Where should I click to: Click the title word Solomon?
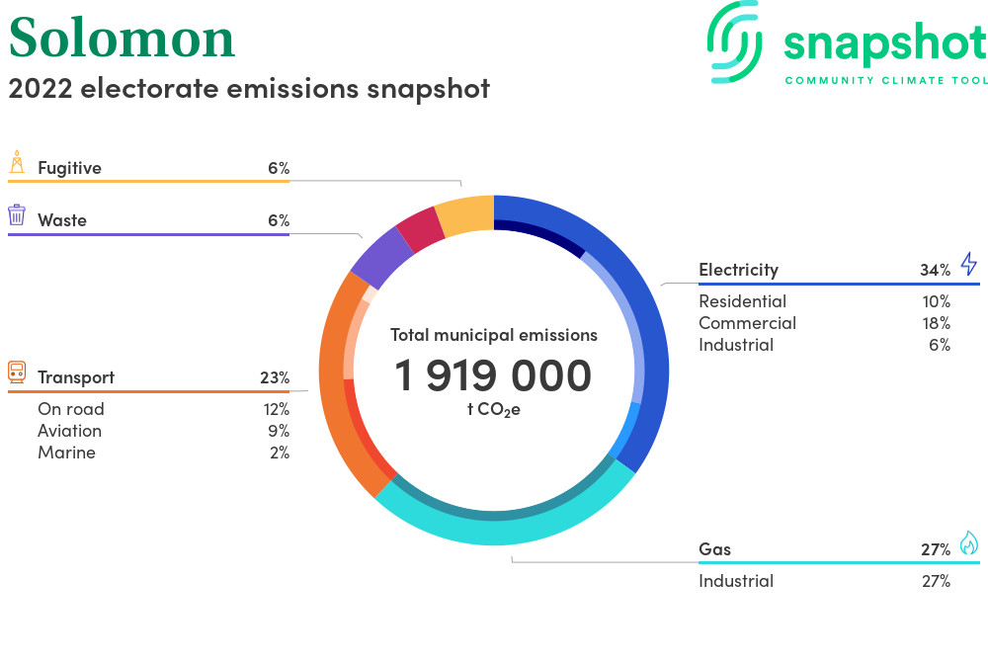pyautogui.click(x=123, y=39)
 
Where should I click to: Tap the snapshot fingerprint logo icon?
pyautogui.click(x=735, y=42)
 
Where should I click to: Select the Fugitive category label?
pyautogui.click(x=69, y=168)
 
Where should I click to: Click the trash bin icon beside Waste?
pyautogui.click(x=17, y=214)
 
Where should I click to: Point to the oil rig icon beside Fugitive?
pyautogui.click(x=17, y=162)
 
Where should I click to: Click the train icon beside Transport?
pyautogui.click(x=17, y=372)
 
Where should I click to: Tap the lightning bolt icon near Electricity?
pyautogui.click(x=969, y=264)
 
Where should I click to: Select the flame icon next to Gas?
pyautogui.click(x=969, y=543)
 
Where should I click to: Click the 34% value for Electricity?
pyautogui.click(x=935, y=270)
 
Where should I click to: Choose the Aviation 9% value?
pyautogui.click(x=279, y=431)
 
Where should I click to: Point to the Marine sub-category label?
pyautogui.click(x=67, y=453)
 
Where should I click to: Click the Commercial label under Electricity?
pyautogui.click(x=747, y=323)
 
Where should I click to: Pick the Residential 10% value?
pyautogui.click(x=937, y=301)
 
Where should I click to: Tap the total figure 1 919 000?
pyautogui.click(x=493, y=375)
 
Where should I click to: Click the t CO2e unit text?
pyautogui.click(x=493, y=410)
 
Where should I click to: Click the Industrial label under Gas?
pyautogui.click(x=736, y=581)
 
